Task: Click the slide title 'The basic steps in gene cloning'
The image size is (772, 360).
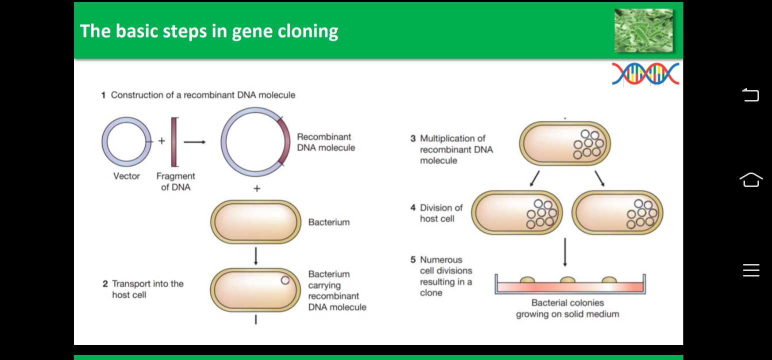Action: (x=209, y=31)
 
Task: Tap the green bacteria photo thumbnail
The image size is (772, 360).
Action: (x=643, y=30)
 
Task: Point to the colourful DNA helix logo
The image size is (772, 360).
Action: (x=645, y=73)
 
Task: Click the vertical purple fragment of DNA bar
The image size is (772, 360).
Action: (x=174, y=142)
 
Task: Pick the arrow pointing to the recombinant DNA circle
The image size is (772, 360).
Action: (x=194, y=142)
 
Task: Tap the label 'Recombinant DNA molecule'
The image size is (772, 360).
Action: (x=325, y=142)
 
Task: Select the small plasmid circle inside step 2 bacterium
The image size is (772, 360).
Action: (x=285, y=280)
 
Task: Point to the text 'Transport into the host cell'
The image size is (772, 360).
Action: (x=147, y=289)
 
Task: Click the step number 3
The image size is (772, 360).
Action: (x=413, y=138)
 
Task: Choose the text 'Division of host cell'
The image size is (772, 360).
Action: (x=441, y=213)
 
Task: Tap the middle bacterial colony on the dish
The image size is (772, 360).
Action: (x=567, y=279)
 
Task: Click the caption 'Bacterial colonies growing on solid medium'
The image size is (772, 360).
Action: (x=567, y=308)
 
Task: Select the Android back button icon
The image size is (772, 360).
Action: (x=750, y=94)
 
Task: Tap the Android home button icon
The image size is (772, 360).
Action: (x=751, y=179)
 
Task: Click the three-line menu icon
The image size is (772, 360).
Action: (x=751, y=270)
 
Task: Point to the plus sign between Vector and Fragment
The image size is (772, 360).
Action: (x=161, y=141)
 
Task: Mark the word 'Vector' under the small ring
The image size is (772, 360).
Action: (x=126, y=176)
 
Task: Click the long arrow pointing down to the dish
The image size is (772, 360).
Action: (x=564, y=252)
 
